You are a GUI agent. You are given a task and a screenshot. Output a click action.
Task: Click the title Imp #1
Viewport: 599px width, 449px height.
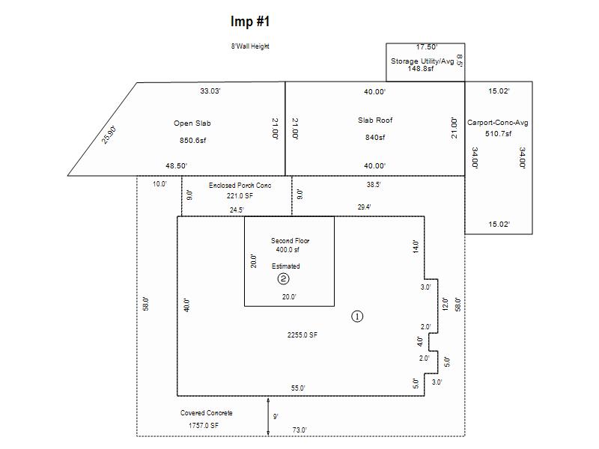[250, 21]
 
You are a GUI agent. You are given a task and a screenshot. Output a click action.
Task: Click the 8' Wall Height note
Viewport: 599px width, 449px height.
[250, 46]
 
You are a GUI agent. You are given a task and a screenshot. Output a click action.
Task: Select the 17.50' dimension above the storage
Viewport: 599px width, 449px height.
[427, 47]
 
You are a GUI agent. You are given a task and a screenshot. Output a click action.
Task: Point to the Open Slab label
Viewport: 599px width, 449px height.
[188, 123]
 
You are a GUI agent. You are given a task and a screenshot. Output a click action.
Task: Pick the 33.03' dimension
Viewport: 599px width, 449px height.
[210, 91]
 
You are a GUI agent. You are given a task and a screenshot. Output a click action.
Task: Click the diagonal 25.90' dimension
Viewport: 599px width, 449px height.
[110, 135]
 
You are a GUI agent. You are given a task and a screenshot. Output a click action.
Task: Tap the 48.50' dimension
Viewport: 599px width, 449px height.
[176, 165]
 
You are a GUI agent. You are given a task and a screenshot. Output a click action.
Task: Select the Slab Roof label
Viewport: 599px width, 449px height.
[374, 120]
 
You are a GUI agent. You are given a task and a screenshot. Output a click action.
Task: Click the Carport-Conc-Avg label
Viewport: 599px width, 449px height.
[499, 123]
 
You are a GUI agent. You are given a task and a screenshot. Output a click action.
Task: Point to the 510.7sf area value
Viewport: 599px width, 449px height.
[499, 134]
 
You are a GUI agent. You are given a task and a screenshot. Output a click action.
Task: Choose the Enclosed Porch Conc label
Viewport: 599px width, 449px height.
[240, 185]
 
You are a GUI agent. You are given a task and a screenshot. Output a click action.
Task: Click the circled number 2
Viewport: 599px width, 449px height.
[284, 279]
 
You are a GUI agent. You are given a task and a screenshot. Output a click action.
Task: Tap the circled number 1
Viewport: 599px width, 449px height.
[357, 316]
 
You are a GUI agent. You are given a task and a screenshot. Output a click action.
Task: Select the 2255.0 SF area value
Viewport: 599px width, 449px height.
[302, 335]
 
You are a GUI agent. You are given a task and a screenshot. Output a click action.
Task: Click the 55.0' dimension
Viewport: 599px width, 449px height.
[298, 388]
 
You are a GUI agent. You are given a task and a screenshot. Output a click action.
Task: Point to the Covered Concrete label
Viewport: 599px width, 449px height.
[207, 413]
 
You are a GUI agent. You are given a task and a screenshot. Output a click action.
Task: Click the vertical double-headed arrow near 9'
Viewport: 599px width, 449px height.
[268, 416]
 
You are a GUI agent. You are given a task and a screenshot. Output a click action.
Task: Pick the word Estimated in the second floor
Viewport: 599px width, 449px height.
[286, 266]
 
